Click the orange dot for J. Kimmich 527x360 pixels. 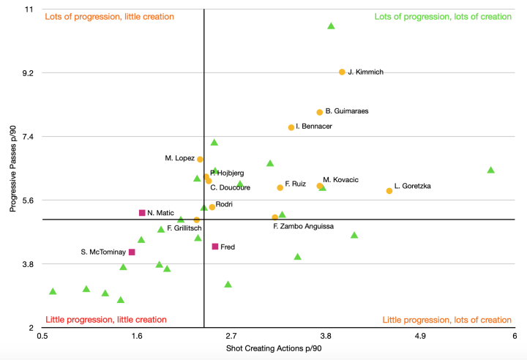pyautogui.click(x=342, y=72)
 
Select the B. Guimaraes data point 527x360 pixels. pyautogui.click(x=320, y=112)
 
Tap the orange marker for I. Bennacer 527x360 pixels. pyautogui.click(x=291, y=127)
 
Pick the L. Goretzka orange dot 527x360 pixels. pyautogui.click(x=389, y=191)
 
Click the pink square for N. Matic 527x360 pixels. pyautogui.click(x=142, y=213)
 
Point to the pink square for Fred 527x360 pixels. pyautogui.click(x=215, y=247)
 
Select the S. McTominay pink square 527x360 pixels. pyautogui.click(x=132, y=252)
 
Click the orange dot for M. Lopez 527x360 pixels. pyautogui.click(x=200, y=159)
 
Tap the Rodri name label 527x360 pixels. pyautogui.click(x=225, y=205)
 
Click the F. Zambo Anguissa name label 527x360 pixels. pyautogui.click(x=303, y=227)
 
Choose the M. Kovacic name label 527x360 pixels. pyautogui.click(x=340, y=180)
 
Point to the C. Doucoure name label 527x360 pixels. pyautogui.click(x=231, y=188)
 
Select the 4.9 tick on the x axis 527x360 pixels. pyautogui.click(x=420, y=335)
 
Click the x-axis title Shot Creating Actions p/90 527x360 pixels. pyautogui.click(x=274, y=348)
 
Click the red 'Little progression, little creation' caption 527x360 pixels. pyautogui.click(x=106, y=320)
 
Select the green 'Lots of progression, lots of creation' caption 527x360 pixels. pyautogui.click(x=443, y=16)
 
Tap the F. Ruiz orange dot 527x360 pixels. pyautogui.click(x=280, y=187)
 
